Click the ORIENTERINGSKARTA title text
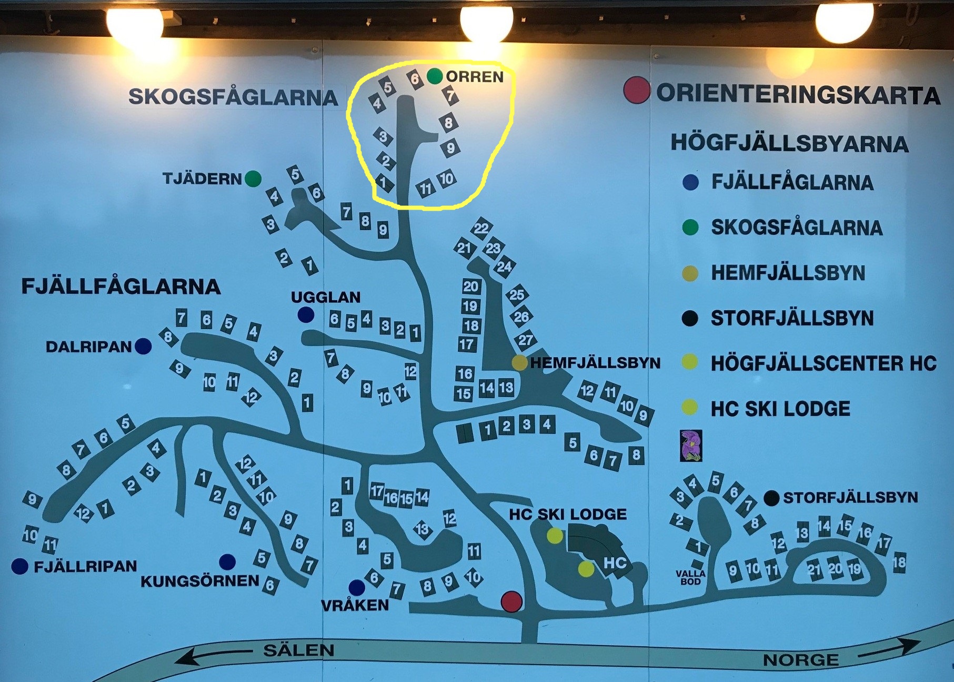[798, 94]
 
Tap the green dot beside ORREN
[435, 76]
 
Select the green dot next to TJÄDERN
[253, 179]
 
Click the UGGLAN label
[325, 298]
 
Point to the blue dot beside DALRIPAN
[143, 346]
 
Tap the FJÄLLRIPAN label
[85, 567]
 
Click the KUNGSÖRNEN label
[200, 581]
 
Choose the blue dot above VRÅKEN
[357, 587]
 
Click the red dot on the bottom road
[511, 601]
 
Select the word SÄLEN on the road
[298, 650]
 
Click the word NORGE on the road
[801, 660]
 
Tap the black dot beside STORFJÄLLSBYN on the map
[771, 498]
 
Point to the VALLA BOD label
[691, 577]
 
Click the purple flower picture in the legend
[691, 446]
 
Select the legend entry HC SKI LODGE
[780, 409]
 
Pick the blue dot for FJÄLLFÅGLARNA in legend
[690, 182]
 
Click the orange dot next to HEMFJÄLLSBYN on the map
[519, 362]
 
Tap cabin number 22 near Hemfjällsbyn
[481, 228]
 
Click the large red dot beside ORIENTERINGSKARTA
[637, 90]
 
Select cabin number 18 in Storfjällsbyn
[899, 562]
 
